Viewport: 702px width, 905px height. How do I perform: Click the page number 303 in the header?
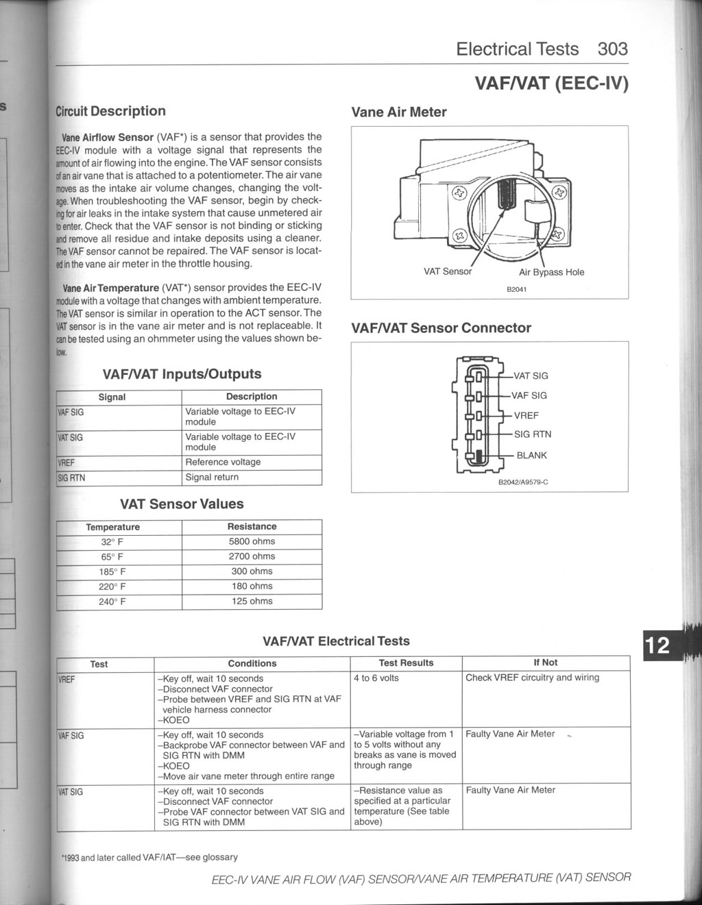tap(612, 49)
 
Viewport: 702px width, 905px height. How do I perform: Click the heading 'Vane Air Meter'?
tap(398, 112)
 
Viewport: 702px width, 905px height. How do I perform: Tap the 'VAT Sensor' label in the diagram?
tap(448, 271)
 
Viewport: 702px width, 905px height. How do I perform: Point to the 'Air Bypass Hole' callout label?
tap(551, 272)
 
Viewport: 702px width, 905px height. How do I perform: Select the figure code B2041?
tap(516, 289)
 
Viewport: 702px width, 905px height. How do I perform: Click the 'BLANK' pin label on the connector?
tap(531, 455)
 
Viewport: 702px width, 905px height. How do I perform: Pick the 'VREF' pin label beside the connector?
tap(526, 415)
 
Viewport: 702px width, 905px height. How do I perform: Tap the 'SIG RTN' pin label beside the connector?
tap(532, 434)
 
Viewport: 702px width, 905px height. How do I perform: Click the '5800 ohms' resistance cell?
tap(252, 541)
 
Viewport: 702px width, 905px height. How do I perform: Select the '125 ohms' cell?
tap(252, 602)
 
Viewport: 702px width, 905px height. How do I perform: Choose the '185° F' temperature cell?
tap(112, 571)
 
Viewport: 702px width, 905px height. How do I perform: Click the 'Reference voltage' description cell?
tap(223, 462)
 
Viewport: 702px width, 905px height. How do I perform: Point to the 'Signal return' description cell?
tap(212, 477)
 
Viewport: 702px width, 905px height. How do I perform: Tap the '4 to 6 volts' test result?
tap(376, 678)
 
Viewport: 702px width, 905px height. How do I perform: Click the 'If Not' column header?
tap(545, 662)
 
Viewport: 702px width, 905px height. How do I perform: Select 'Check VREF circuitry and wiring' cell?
tap(532, 678)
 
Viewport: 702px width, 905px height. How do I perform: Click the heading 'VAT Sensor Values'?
tap(182, 504)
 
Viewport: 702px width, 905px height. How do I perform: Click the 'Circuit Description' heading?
tap(110, 111)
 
